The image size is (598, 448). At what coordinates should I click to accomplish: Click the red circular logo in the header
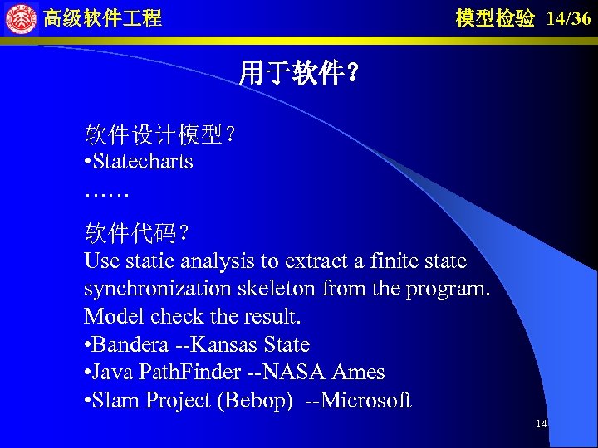point(21,18)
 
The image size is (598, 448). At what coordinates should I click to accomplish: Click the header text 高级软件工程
point(102,18)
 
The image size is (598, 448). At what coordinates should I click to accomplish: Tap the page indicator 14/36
point(569,19)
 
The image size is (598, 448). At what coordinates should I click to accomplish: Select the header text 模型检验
point(495,19)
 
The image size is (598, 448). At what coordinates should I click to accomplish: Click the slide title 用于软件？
point(299,74)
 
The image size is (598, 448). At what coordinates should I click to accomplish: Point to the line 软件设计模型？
point(159,134)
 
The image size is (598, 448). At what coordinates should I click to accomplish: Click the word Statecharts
point(143,161)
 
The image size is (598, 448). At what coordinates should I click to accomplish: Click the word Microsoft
point(365,401)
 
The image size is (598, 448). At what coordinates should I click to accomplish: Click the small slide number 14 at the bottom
point(541,424)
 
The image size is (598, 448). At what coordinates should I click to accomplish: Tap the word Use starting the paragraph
point(101,261)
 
